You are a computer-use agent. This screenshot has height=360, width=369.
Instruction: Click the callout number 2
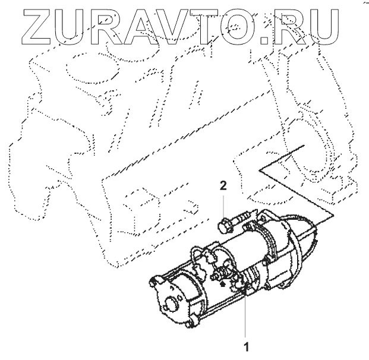222,186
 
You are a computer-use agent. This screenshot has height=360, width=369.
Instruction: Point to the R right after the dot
291,27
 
